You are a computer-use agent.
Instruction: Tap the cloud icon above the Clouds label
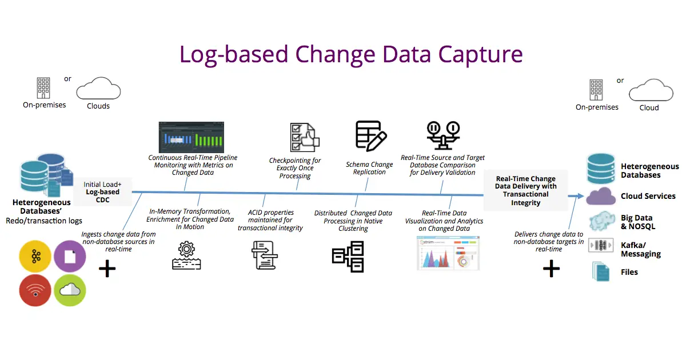[x=98, y=89]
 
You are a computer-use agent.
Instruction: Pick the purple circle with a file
[x=70, y=256]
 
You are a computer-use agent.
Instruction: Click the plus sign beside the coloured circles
[x=107, y=269]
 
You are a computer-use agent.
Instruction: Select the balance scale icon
[x=443, y=135]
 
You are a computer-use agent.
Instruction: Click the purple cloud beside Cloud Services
[x=601, y=196]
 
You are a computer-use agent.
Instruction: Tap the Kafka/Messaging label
[x=640, y=249]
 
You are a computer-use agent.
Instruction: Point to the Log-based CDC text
[x=102, y=196]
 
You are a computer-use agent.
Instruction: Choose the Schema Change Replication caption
[x=369, y=168]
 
